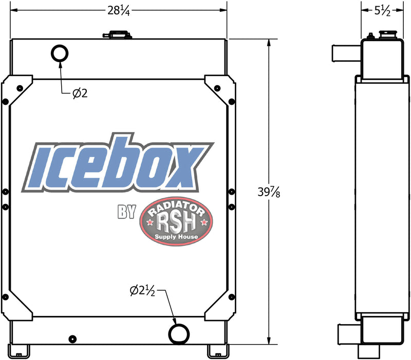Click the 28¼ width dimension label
coord(119,11)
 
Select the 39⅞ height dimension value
coord(269,192)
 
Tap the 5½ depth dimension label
coord(382,11)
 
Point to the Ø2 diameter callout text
coord(80,93)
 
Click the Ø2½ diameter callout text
coord(143,291)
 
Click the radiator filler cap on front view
coord(117,34)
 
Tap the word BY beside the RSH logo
coord(126,212)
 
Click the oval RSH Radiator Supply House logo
coord(176,221)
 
